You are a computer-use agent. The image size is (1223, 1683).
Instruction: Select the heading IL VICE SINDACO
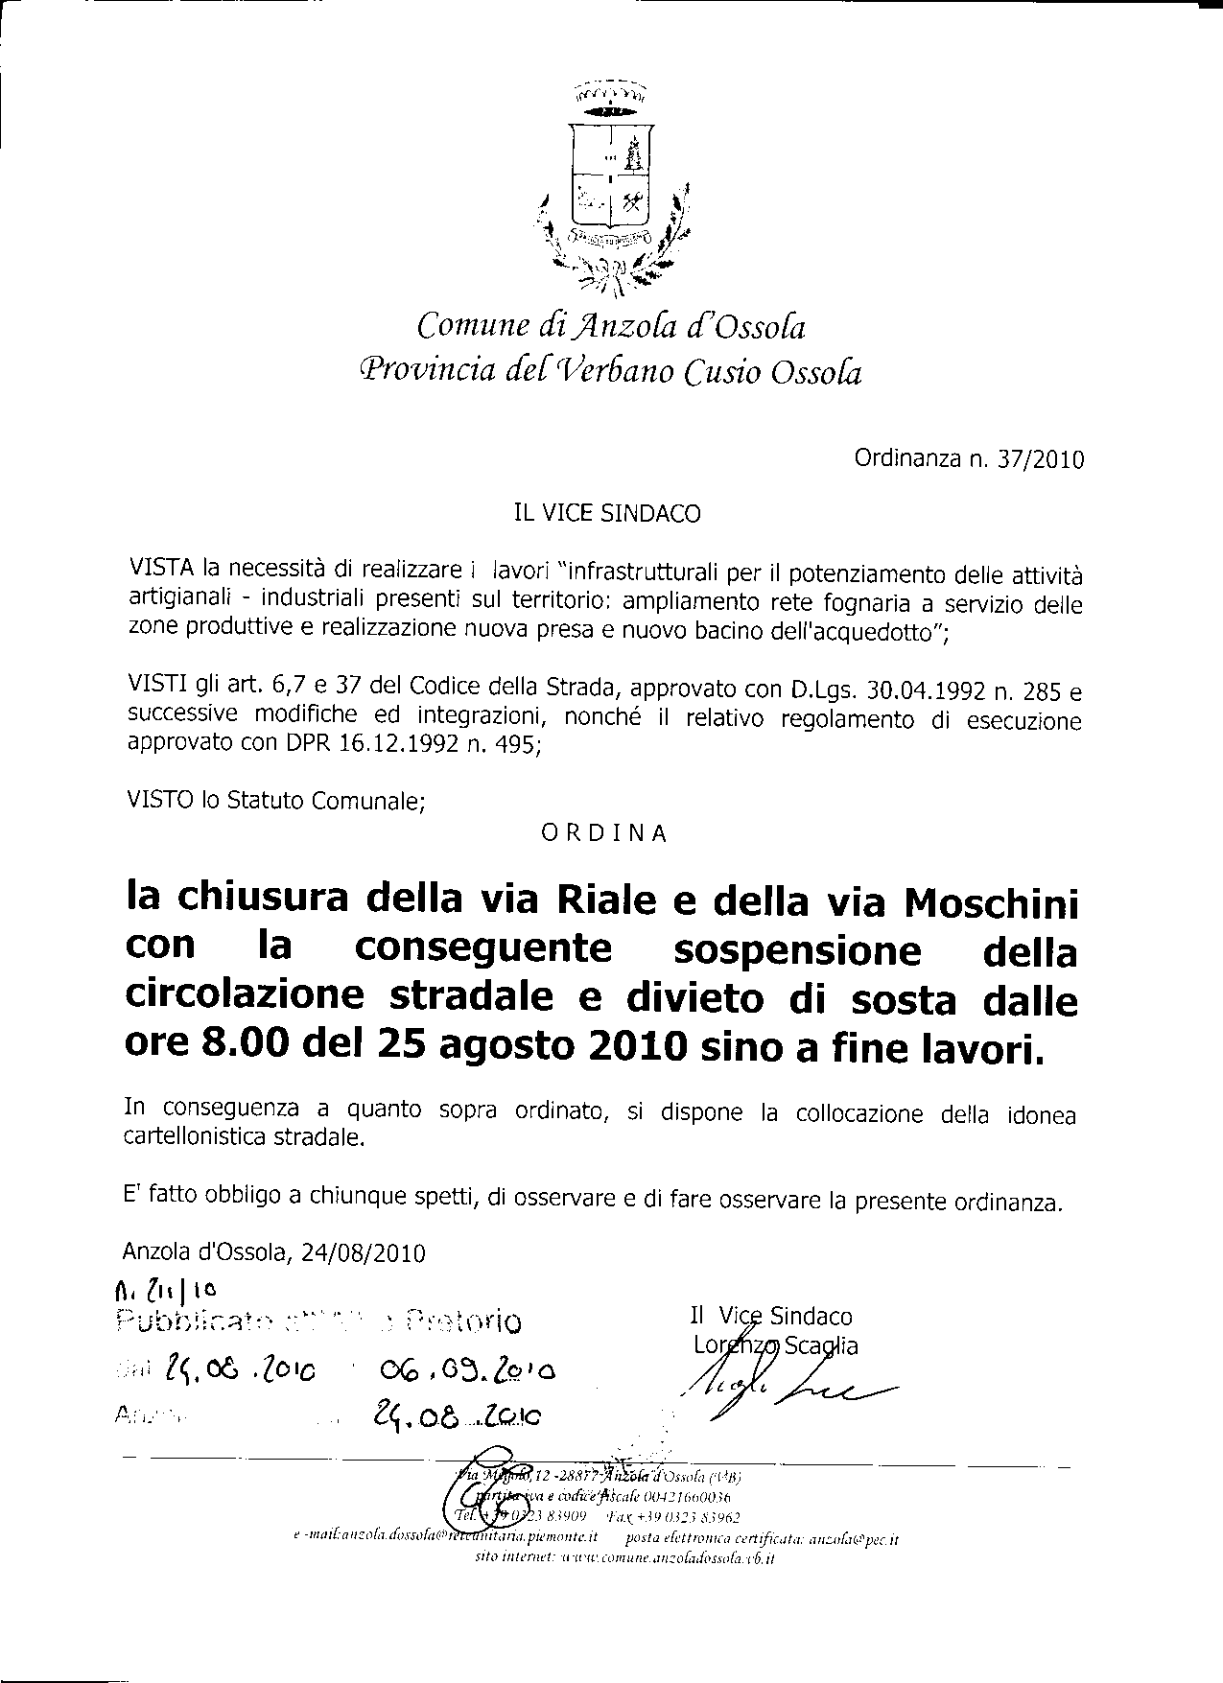pos(607,514)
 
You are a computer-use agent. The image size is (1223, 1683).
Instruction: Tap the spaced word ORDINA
pos(604,833)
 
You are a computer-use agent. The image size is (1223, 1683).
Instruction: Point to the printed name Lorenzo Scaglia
pos(775,1345)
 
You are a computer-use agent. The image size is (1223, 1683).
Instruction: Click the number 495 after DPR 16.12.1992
pos(517,746)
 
